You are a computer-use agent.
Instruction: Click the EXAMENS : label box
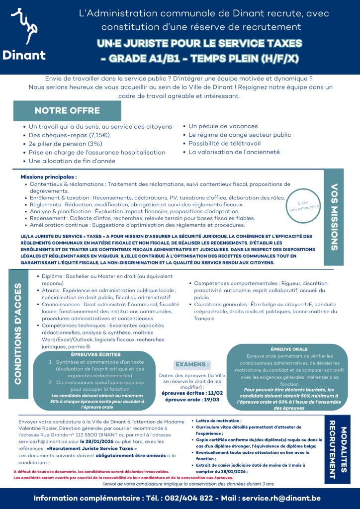pos(192,364)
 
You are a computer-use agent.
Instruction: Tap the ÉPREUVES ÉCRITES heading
pos(95,354)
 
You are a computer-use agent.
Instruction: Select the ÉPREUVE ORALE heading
pos(289,349)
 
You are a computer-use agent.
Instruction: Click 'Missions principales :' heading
pos(49,176)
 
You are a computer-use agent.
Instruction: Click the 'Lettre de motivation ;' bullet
pos(215,421)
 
